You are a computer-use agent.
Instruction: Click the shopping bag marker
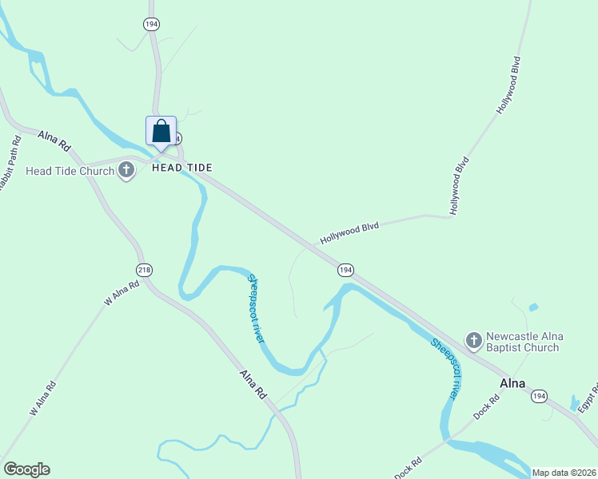(x=161, y=132)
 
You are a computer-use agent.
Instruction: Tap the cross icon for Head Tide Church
(x=126, y=170)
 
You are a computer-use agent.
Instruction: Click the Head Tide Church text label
(x=70, y=171)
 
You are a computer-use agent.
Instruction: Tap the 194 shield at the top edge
(x=151, y=24)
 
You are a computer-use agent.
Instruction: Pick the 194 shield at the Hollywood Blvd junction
(x=345, y=270)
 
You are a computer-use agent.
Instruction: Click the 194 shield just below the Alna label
(x=540, y=396)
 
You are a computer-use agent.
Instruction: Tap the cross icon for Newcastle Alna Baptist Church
(x=473, y=340)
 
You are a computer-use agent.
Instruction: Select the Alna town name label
(x=512, y=382)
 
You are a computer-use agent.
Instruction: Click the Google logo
(x=26, y=469)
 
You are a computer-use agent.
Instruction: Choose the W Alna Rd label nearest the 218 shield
(x=122, y=293)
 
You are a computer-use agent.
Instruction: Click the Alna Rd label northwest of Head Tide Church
(x=55, y=142)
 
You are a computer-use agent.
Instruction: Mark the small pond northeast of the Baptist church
(x=533, y=307)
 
